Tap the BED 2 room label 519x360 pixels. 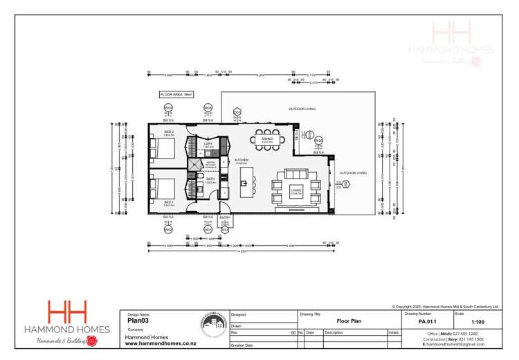[169, 132]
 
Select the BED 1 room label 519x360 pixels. [169, 203]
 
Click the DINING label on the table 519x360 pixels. [267, 138]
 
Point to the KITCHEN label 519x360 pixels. [242, 161]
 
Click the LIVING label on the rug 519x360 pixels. [296, 190]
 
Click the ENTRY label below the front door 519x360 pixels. [226, 217]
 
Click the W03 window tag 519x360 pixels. [168, 108]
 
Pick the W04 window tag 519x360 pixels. [208, 108]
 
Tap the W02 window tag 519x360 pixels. [168, 229]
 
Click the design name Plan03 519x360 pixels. [140, 321]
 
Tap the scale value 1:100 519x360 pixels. [477, 321]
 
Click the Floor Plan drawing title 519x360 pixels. [349, 321]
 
